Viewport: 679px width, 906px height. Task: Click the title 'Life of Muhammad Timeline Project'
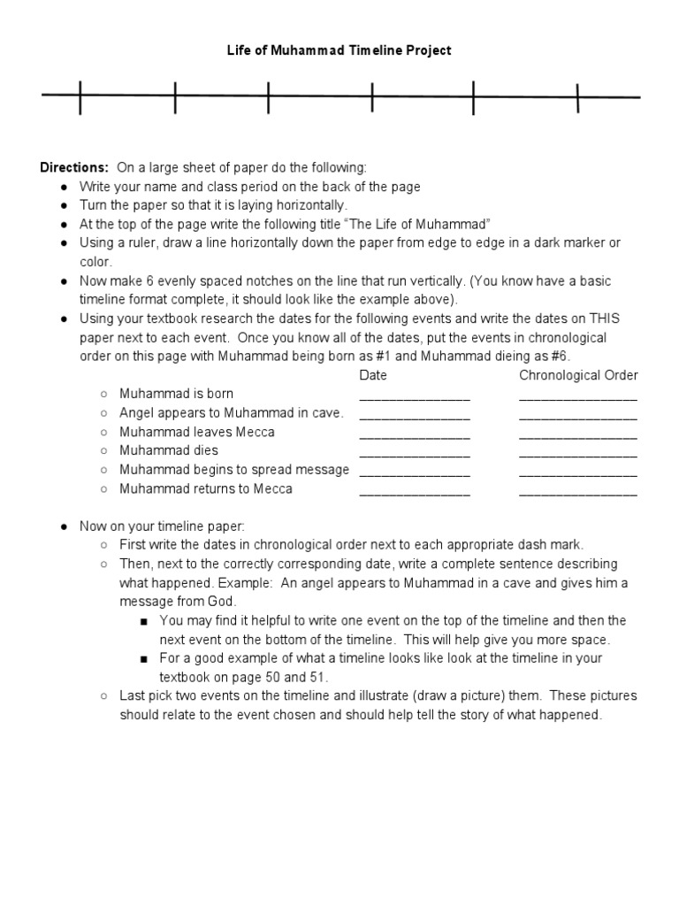[x=339, y=50]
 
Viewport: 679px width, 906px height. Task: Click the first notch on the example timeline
[x=80, y=97]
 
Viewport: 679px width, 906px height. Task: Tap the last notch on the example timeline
[x=578, y=97]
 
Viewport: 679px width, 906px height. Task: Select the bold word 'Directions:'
[x=73, y=167]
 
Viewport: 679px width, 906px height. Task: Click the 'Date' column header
[x=373, y=375]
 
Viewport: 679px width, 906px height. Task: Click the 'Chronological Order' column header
[x=578, y=375]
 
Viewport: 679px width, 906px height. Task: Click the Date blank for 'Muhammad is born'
[x=415, y=395]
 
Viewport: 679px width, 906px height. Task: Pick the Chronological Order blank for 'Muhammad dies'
[x=578, y=453]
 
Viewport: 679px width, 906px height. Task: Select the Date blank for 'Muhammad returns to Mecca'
[x=415, y=491]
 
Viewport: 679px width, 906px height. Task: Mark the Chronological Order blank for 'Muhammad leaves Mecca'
[x=578, y=434]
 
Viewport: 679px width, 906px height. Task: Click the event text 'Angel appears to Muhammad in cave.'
[x=232, y=413]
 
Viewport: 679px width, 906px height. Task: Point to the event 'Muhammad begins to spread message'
[x=234, y=470]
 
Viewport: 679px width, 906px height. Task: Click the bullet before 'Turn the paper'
[x=65, y=205]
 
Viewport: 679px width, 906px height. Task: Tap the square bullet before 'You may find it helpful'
[x=144, y=621]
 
